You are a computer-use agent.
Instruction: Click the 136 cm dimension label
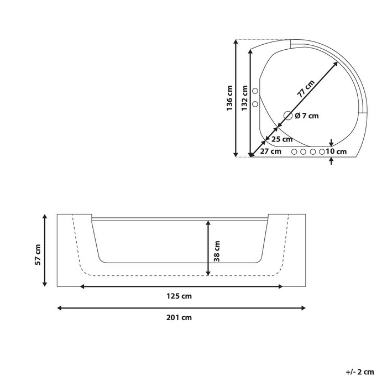[229, 98]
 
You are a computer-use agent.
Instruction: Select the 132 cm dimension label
[244, 98]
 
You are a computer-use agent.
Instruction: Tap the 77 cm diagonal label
[306, 88]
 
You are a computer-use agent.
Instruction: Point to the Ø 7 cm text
[307, 116]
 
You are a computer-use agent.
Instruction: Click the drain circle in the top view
[288, 116]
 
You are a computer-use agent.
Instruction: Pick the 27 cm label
[271, 151]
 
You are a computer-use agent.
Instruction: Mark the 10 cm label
[336, 151]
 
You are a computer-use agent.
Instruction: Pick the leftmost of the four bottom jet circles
[294, 151]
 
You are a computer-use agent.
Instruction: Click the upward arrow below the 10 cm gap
[331, 161]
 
